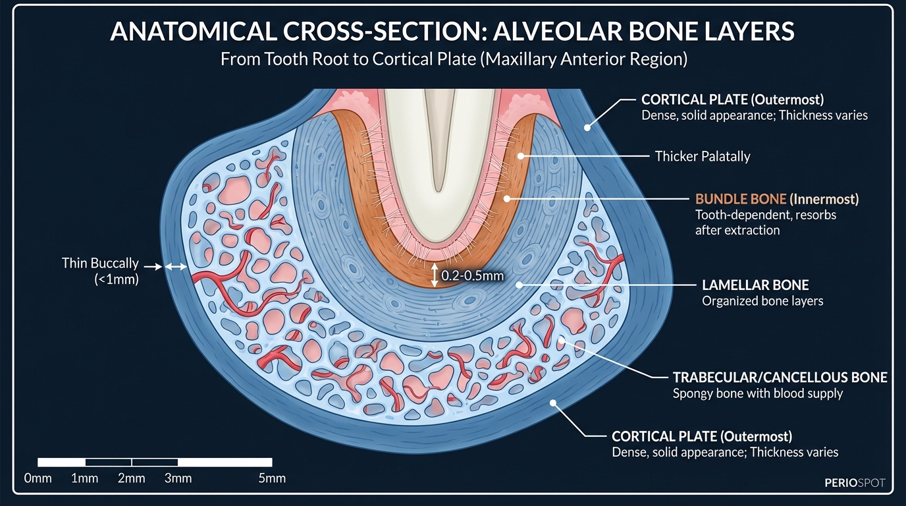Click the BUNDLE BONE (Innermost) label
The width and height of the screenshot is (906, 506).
777,199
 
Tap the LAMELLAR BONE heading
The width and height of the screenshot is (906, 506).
755,285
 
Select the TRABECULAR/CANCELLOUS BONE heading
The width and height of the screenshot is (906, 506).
780,378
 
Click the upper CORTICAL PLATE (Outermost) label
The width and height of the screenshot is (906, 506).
733,99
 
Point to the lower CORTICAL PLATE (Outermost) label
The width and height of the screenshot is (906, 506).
702,436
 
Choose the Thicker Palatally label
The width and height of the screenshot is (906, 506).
703,157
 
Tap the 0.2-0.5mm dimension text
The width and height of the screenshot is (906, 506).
472,276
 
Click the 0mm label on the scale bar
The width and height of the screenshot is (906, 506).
38,478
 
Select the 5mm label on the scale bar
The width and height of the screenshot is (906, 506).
272,478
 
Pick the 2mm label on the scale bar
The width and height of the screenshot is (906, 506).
132,478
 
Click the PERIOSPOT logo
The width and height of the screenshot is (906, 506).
855,483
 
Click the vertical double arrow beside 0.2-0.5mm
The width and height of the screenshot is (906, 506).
433,275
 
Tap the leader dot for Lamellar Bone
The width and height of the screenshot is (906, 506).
519,285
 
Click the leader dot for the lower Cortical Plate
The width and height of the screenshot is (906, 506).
554,403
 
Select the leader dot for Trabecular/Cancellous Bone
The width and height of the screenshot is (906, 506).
562,341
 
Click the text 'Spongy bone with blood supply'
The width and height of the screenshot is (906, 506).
757,394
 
